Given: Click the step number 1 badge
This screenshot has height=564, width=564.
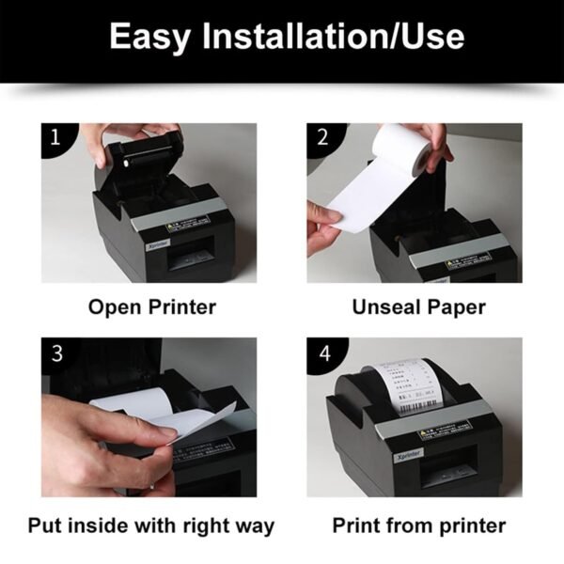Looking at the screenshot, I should point(54,137).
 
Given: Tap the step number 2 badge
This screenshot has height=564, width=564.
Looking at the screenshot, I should point(322,137).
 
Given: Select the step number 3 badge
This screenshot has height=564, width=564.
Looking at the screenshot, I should point(55,354).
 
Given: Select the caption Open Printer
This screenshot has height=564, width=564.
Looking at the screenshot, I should point(152,306).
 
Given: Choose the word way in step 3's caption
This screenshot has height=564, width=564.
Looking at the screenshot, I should point(254,525).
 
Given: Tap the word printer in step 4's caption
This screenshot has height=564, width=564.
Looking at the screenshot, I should point(469,525).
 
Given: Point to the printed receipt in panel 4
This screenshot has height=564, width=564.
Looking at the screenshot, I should point(404,385).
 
